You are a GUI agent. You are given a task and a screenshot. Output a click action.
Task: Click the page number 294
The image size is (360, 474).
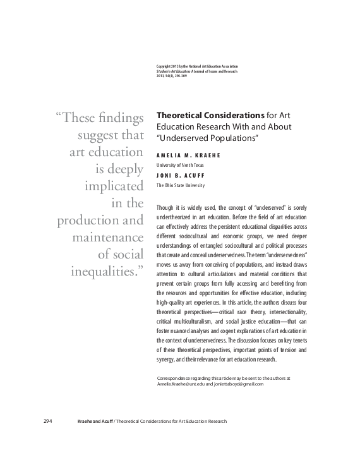pyautogui.click(x=47, y=422)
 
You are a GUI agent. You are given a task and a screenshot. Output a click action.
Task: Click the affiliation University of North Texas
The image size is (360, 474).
pyautogui.click(x=180, y=165)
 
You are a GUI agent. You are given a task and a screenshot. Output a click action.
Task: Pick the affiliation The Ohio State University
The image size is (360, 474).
pyautogui.click(x=182, y=185)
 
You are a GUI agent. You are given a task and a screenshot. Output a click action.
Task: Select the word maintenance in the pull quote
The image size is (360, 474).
pyautogui.click(x=105, y=238)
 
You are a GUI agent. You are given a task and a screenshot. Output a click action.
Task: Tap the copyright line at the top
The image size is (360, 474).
pyautogui.click(x=196, y=67)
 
